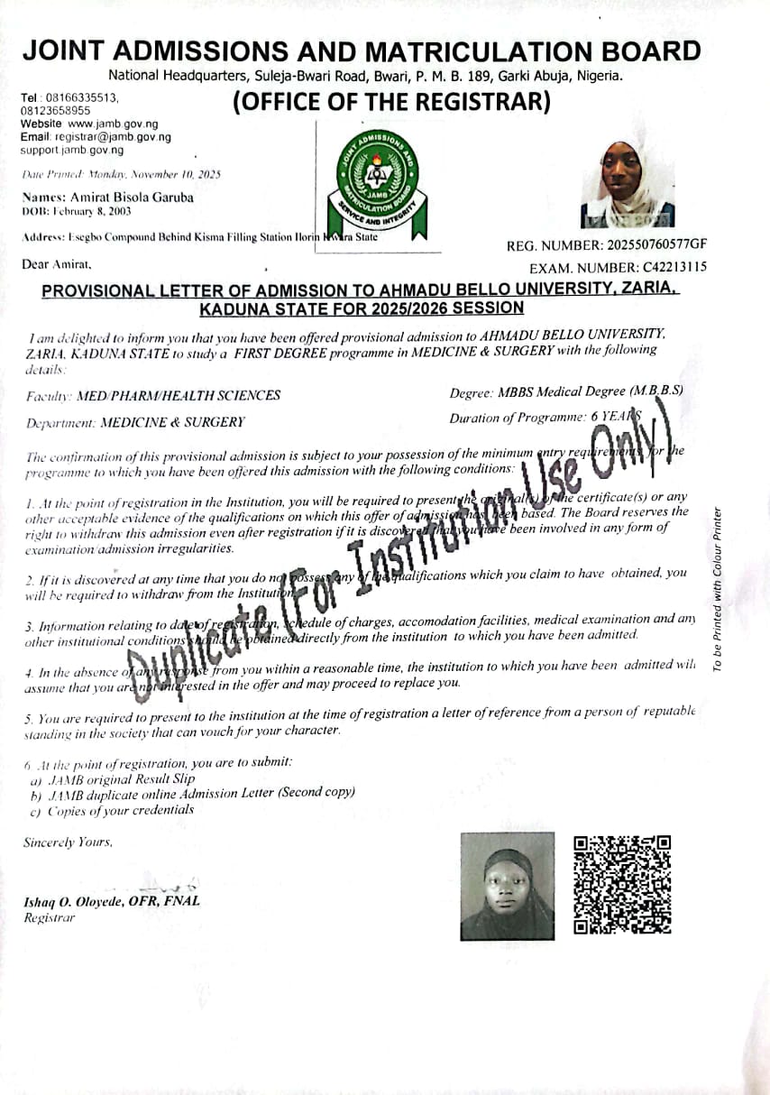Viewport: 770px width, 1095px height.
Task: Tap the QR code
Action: click(623, 884)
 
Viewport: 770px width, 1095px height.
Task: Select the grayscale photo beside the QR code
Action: click(508, 886)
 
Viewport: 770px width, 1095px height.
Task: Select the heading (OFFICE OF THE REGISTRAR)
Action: click(391, 103)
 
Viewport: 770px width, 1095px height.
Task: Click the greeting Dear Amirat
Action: click(55, 265)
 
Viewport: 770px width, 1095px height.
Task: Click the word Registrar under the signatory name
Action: click(50, 917)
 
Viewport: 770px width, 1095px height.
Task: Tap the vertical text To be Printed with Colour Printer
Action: click(718, 590)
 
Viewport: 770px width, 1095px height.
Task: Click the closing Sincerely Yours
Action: click(69, 842)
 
